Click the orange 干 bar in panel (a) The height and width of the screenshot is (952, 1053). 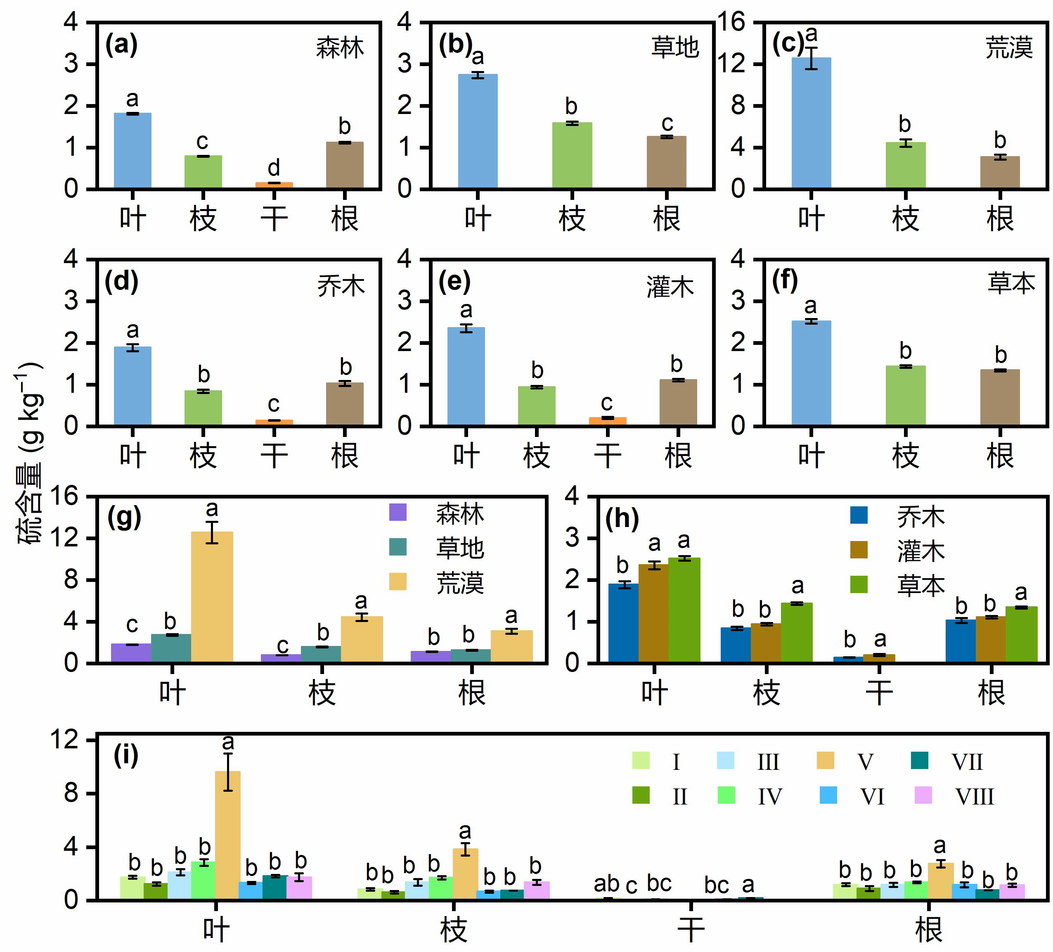point(274,185)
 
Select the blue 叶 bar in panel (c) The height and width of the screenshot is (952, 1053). point(811,123)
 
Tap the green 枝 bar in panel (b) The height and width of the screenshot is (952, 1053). point(572,155)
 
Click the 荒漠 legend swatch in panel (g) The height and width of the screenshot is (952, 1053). point(398,582)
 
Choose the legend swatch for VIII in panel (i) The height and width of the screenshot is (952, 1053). point(923,795)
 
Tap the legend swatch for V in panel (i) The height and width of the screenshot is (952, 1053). point(825,761)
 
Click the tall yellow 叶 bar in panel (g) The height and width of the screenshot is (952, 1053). point(212,597)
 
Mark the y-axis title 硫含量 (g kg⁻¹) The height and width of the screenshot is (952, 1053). point(29,453)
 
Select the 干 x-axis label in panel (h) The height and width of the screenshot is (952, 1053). point(879,693)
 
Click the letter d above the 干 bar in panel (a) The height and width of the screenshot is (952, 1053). point(274,168)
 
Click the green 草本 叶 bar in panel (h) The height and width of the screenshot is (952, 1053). point(684,610)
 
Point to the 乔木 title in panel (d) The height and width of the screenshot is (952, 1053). point(341,286)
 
